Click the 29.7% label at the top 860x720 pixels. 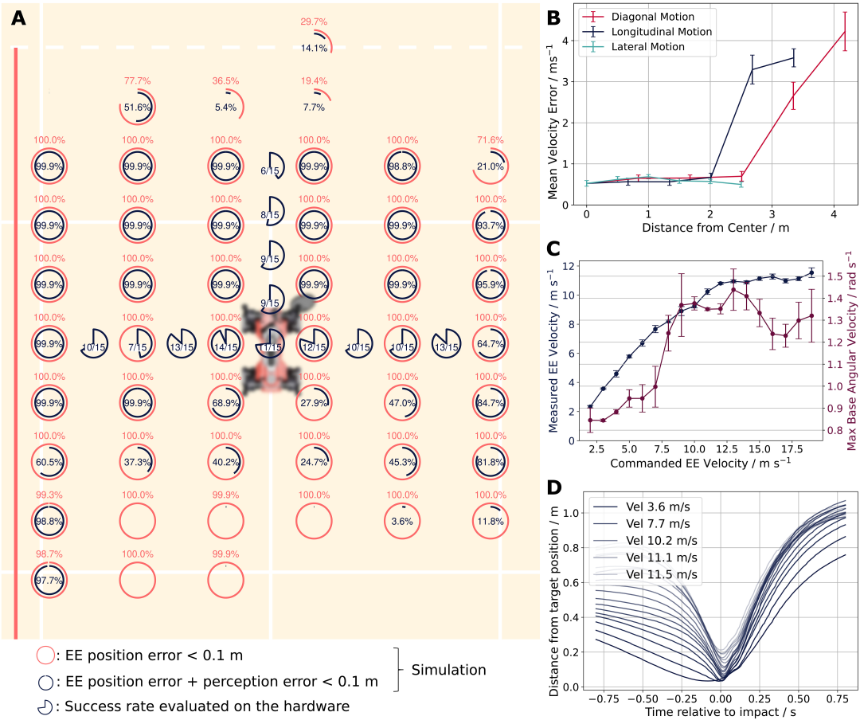(x=314, y=21)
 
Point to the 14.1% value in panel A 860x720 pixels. (x=314, y=49)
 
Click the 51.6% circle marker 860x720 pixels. (x=138, y=108)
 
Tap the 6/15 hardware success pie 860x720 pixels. (x=272, y=166)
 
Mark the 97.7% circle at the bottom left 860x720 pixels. (x=49, y=581)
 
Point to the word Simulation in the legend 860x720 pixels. (x=448, y=670)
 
